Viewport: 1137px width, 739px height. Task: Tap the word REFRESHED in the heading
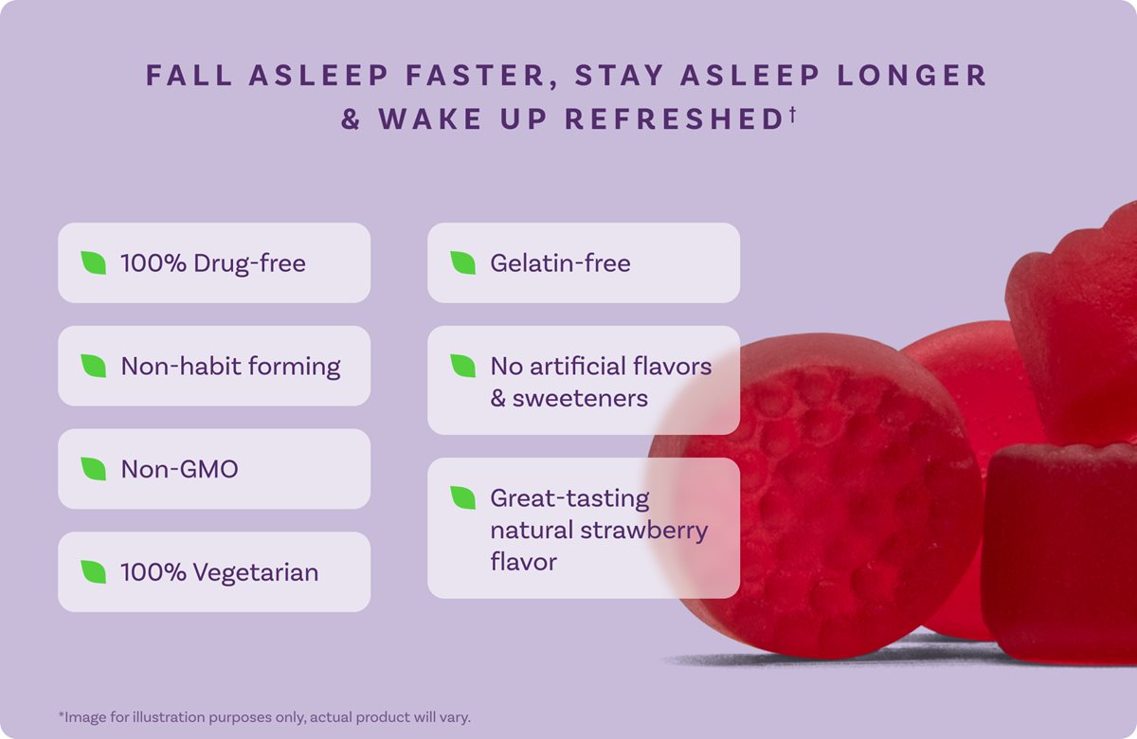tap(673, 120)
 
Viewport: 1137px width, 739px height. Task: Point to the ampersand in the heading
tap(352, 120)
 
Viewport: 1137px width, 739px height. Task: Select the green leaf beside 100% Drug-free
tap(93, 262)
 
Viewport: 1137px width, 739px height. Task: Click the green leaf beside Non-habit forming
tap(93, 366)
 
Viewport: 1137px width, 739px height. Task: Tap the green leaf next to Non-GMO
tap(93, 468)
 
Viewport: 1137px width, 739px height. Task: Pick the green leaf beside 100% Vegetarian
tap(93, 571)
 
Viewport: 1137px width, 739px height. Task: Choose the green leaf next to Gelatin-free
tap(462, 262)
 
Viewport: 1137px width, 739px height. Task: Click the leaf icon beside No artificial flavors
tap(462, 366)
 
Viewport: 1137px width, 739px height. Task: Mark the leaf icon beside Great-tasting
tap(462, 497)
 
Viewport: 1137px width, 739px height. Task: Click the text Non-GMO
tap(179, 469)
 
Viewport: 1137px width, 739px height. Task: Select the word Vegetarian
tap(256, 572)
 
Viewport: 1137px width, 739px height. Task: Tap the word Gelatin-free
tap(560, 263)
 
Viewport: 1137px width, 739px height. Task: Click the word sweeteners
tap(580, 398)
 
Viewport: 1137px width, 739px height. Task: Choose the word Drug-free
tap(249, 263)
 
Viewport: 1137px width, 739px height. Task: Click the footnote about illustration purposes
tap(264, 716)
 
